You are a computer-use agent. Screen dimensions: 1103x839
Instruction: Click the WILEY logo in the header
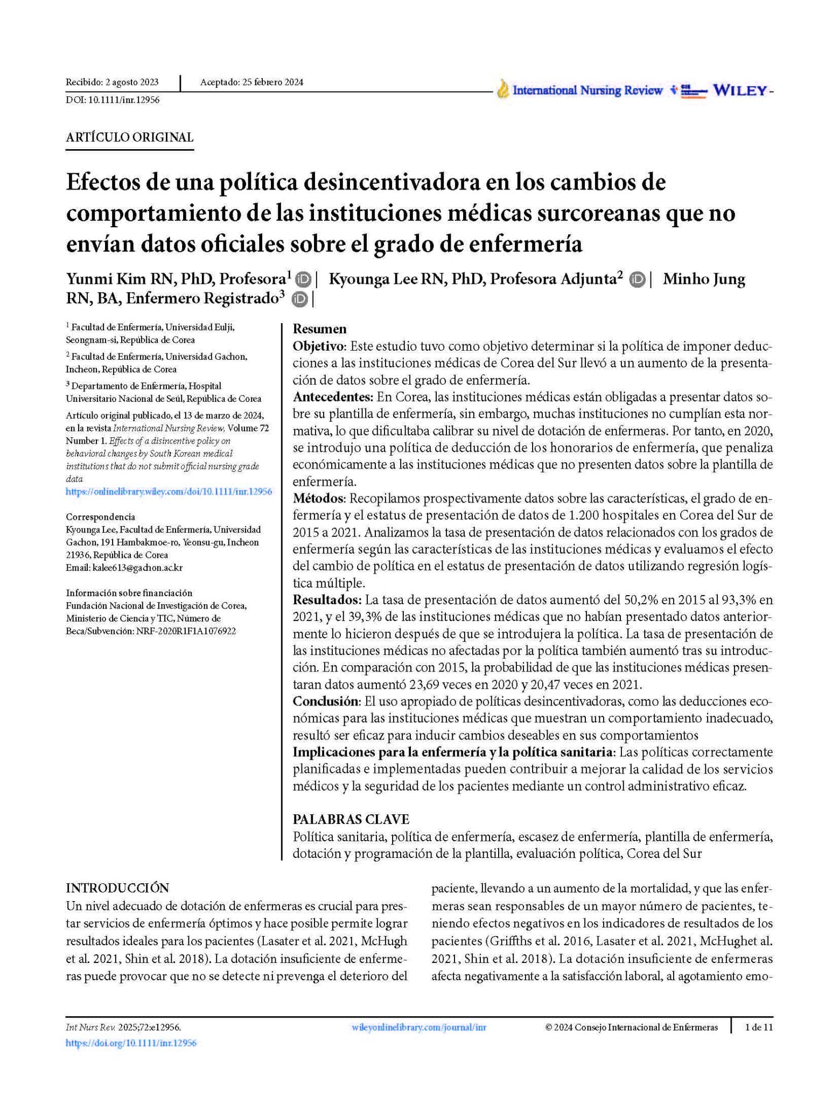coord(740,91)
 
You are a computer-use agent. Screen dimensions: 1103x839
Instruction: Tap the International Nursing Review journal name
coord(587,90)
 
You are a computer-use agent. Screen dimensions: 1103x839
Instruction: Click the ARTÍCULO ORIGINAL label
coord(129,137)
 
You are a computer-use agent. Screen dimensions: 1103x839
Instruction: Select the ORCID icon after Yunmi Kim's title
coord(304,280)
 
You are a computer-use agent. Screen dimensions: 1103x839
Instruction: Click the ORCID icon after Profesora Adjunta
coord(638,280)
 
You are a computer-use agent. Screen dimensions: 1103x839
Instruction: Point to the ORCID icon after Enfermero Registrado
coord(299,299)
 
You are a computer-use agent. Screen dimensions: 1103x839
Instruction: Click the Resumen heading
coord(319,329)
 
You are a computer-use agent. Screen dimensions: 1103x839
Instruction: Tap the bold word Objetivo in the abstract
coord(318,346)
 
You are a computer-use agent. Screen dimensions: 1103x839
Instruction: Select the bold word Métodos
coord(317,498)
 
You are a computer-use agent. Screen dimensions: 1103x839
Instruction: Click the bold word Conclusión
coord(325,701)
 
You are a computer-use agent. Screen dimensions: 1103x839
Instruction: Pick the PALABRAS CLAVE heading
coord(351,819)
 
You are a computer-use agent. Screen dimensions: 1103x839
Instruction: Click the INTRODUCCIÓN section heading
coord(117,888)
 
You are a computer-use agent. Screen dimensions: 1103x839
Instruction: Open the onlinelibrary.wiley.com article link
coord(169,492)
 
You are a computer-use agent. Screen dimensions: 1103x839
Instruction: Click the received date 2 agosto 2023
coord(132,82)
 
